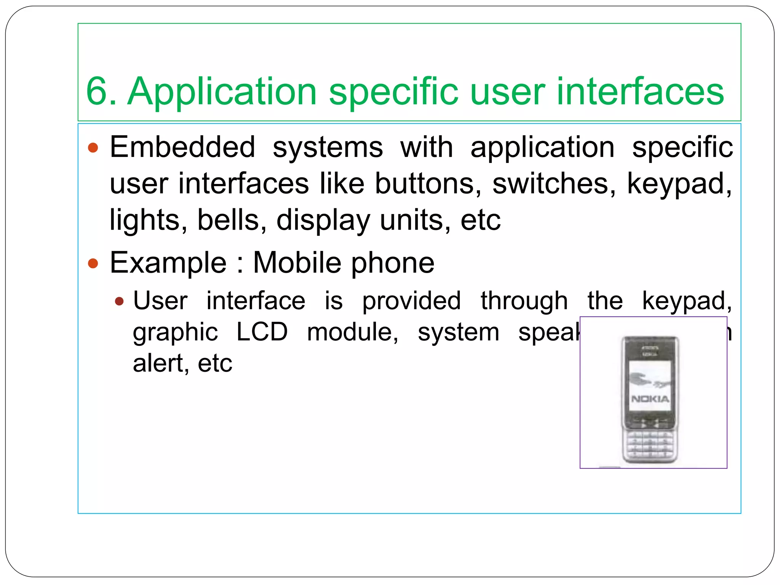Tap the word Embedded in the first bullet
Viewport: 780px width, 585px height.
tap(182, 147)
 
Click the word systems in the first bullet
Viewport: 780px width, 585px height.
tap(328, 148)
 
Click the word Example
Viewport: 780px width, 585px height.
tap(168, 263)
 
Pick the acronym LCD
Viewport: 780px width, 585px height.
tap(262, 332)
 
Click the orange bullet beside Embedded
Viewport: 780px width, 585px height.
tap(93, 148)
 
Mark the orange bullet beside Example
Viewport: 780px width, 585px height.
tap(93, 263)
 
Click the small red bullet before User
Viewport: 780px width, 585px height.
tap(120, 302)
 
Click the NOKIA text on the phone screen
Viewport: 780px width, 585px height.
tap(650, 399)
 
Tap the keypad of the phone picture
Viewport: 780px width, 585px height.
tap(650, 445)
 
